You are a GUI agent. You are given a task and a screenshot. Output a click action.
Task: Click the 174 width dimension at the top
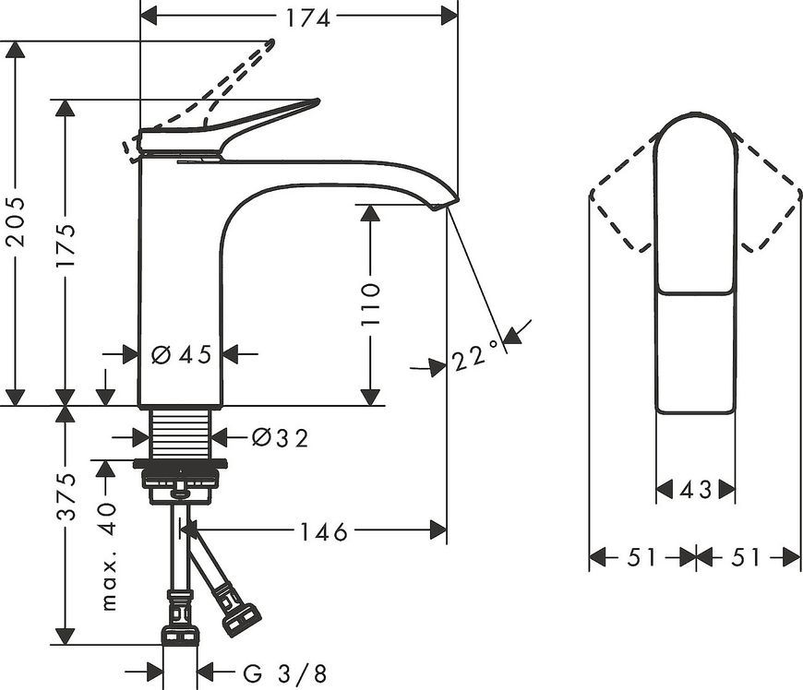[307, 18]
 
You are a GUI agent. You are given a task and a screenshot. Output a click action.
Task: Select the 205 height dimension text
[17, 220]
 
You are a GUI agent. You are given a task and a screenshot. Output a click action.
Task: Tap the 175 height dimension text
[66, 245]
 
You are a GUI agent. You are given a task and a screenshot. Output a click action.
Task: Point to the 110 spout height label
[370, 303]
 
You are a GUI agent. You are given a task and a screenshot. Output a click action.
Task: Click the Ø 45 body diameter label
[182, 354]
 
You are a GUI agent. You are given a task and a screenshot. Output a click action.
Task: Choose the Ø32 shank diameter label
[281, 437]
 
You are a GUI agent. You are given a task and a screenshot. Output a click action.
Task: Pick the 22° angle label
[474, 355]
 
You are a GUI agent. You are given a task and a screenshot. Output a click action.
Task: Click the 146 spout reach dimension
[323, 532]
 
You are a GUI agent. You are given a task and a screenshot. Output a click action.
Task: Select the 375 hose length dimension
[66, 496]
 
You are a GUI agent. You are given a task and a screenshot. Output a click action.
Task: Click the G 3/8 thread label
[284, 673]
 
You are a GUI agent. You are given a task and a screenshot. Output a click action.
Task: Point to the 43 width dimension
[695, 490]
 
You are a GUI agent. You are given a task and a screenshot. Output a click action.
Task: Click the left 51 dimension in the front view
[641, 557]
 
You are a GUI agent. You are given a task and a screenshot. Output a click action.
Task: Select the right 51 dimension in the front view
[746, 557]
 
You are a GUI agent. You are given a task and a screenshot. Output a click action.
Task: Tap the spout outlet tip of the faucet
[440, 206]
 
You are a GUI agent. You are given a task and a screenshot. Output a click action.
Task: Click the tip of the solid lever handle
[318, 101]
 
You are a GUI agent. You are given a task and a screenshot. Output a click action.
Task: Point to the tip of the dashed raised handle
[271, 42]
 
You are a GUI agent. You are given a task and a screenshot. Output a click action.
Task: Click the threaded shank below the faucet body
[181, 433]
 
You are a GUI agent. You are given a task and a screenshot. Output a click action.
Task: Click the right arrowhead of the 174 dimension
[449, 17]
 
